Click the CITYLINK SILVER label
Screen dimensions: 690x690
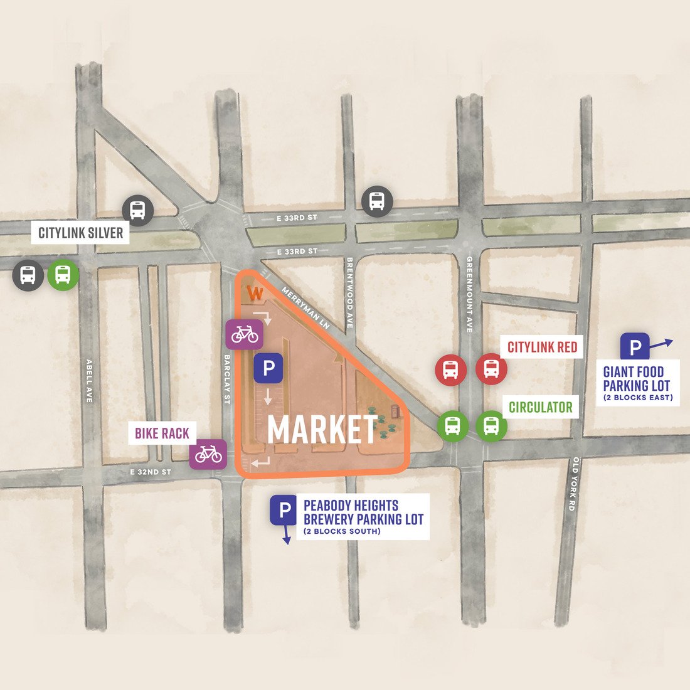80,233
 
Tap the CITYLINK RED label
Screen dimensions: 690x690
542,347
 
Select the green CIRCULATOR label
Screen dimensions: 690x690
541,407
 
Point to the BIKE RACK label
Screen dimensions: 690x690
162,433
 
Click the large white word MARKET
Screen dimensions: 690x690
322,430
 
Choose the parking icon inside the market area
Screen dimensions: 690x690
268,368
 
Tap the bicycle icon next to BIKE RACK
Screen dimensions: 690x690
208,454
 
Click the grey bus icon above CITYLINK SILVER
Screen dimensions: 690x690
137,210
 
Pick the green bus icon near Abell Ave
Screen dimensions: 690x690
63,275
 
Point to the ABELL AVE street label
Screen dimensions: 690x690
90,380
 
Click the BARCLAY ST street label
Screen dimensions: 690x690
228,378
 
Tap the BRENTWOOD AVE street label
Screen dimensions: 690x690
349,292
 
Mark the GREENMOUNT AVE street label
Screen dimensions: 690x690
469,294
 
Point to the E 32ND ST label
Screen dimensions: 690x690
151,472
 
